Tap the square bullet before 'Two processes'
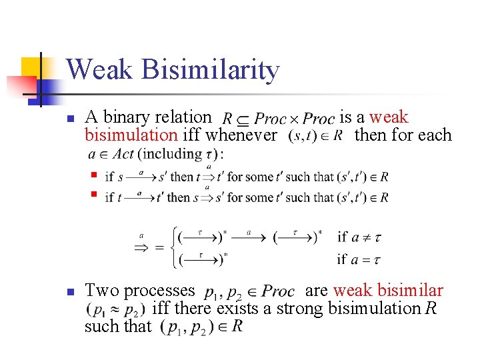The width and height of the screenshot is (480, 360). pyautogui.click(x=69, y=291)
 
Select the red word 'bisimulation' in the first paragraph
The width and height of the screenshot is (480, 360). pyautogui.click(x=131, y=135)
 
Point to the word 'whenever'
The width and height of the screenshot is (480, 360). pyautogui.click(x=242, y=135)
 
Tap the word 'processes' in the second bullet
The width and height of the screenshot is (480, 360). pyautogui.click(x=160, y=291)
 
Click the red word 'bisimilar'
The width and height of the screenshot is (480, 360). pyautogui.click(x=410, y=291)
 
